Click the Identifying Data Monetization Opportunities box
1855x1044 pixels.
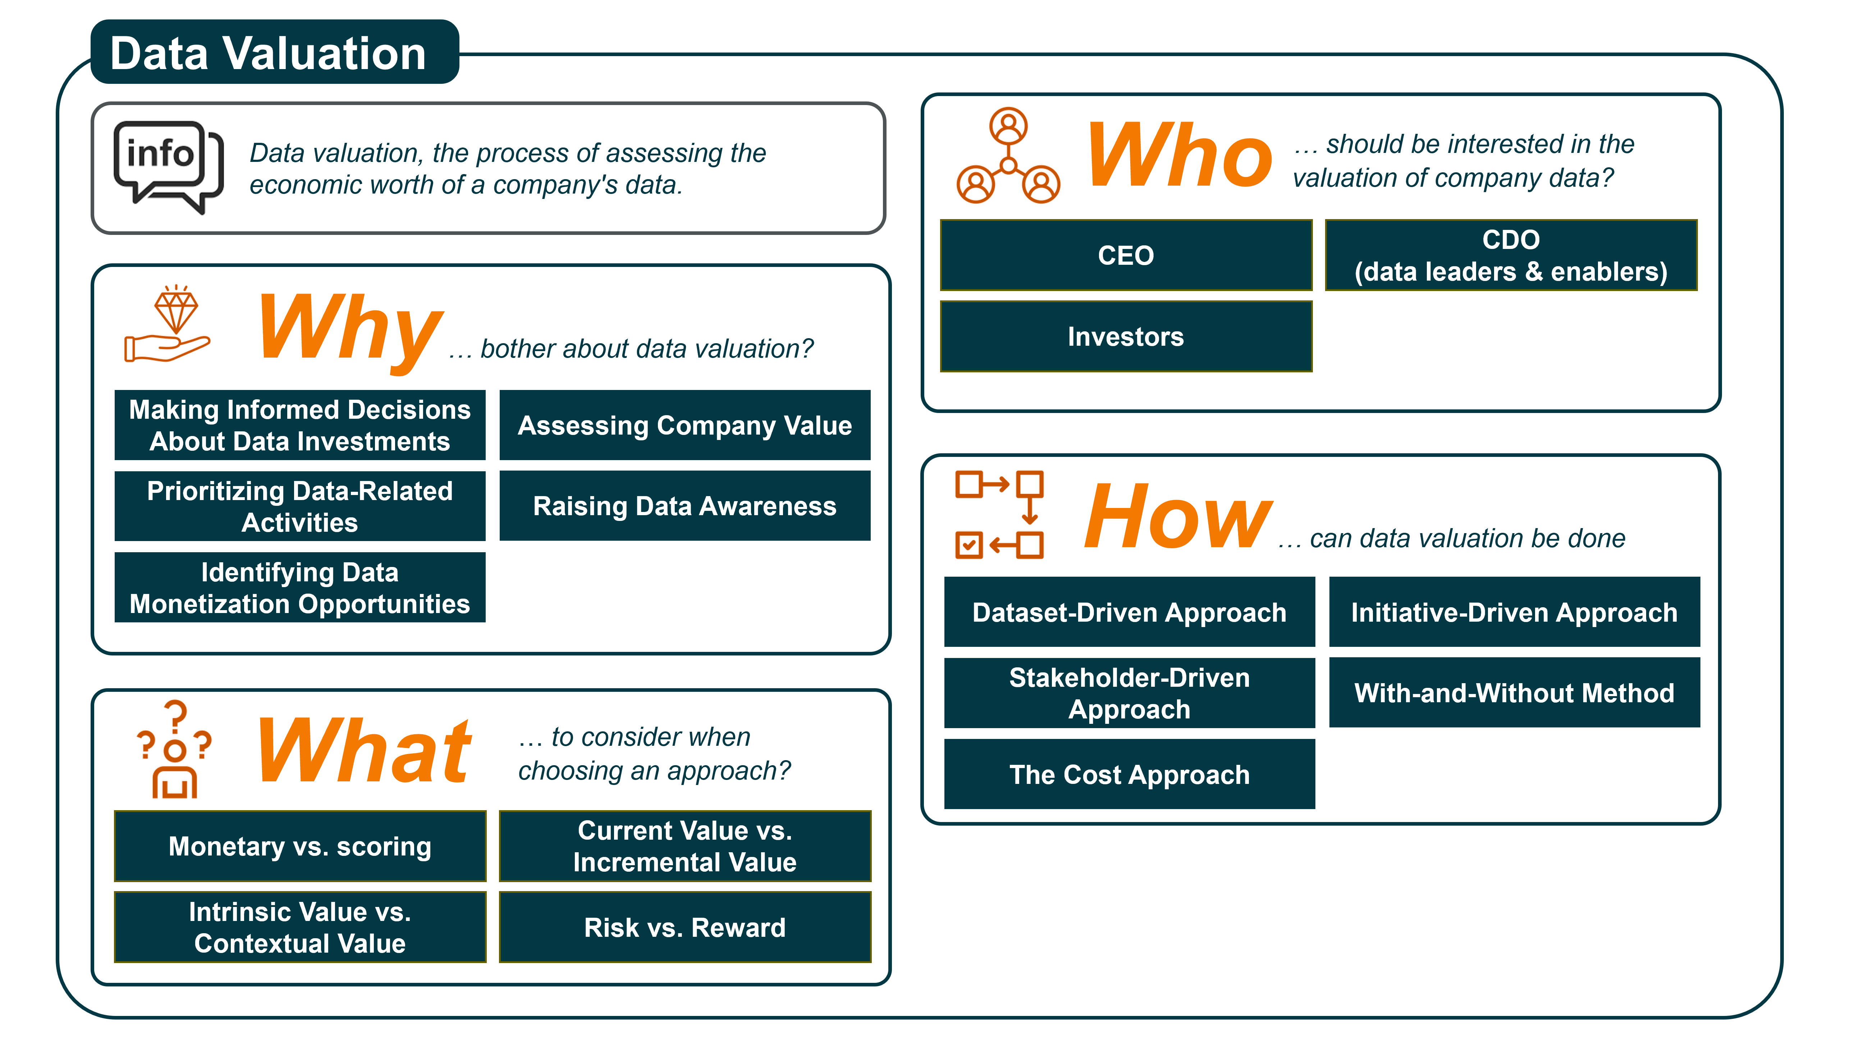pyautogui.click(x=299, y=587)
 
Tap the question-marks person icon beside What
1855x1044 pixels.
pyautogui.click(x=174, y=749)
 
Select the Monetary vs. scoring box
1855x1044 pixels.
pyautogui.click(x=299, y=846)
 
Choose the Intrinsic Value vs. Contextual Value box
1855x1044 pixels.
pyautogui.click(x=299, y=927)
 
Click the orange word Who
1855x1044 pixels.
pyautogui.click(x=1180, y=155)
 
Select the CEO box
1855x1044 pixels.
pyautogui.click(x=1126, y=255)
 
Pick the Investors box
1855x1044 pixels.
pyautogui.click(x=1126, y=336)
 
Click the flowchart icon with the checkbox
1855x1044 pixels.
pyautogui.click(x=999, y=515)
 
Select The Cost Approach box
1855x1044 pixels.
pyautogui.click(x=1129, y=774)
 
